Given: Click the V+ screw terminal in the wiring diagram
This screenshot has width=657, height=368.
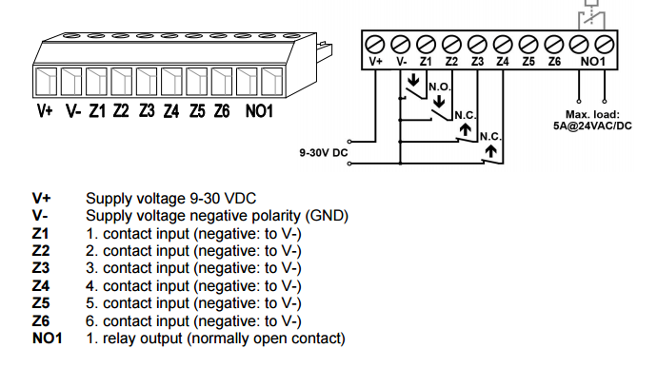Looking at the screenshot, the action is (x=375, y=44).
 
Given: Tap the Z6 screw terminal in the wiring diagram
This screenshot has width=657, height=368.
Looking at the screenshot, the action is (x=554, y=44).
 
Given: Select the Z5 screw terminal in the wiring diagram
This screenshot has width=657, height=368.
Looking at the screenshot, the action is (x=528, y=44).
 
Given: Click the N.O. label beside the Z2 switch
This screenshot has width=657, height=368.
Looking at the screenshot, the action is (x=440, y=87).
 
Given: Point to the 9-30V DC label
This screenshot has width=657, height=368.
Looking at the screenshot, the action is (x=324, y=152).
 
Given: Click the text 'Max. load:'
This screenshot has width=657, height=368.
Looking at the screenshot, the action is (x=592, y=114).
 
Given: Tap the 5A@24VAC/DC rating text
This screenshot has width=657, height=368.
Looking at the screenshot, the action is (x=592, y=126).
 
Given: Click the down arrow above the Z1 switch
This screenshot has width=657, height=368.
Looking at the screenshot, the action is (x=413, y=80).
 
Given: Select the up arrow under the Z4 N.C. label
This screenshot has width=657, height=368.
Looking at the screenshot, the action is (x=490, y=150).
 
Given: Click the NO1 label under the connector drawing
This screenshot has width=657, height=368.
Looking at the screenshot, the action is (x=259, y=111).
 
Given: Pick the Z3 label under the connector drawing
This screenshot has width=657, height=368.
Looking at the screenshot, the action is (x=147, y=111).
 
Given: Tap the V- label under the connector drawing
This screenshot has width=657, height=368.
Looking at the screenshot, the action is (x=73, y=111).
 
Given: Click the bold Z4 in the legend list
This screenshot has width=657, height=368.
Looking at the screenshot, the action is (x=41, y=286).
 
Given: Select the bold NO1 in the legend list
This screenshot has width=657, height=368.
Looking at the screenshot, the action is (x=47, y=339).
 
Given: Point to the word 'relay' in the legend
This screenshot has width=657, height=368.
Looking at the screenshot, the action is (x=122, y=339).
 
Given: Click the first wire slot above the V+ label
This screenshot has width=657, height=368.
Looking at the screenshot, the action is (x=46, y=81).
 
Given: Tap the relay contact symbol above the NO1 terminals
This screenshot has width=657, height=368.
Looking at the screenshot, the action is (x=591, y=17).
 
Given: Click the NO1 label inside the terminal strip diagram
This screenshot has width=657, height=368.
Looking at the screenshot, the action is (x=592, y=62).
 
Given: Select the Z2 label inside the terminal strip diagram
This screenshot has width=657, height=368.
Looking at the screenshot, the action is (x=451, y=62).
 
